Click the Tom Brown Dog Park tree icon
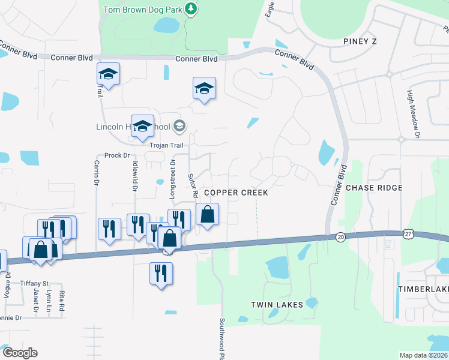[x=191, y=9]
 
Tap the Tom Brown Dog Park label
[x=142, y=10]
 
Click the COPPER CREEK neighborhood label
[x=236, y=193]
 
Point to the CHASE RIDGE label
[x=375, y=188]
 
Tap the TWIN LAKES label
[x=277, y=305]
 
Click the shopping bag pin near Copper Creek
[x=207, y=214]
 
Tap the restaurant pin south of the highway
[x=160, y=273]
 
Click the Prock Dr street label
[x=117, y=155]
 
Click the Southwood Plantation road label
[x=221, y=339]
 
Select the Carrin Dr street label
[x=96, y=172]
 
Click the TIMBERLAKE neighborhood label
[x=423, y=289]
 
